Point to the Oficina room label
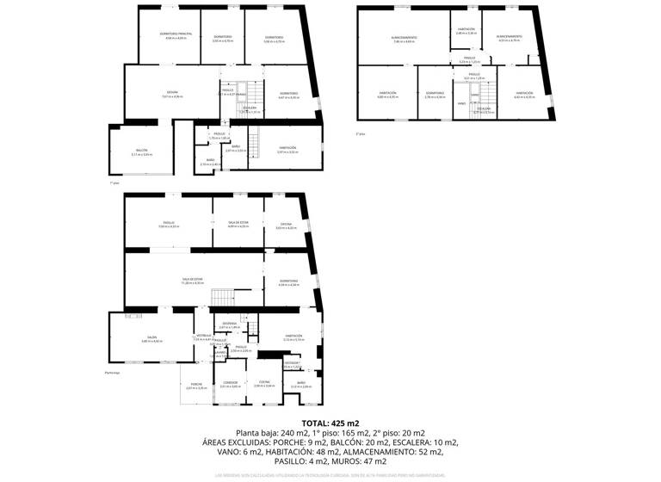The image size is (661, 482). coord(286,225)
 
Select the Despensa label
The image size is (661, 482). coord(230,324)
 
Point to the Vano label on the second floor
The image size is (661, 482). coord(461,103)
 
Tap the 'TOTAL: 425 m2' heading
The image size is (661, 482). coord(330,423)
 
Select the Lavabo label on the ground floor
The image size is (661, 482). coord(219,352)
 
